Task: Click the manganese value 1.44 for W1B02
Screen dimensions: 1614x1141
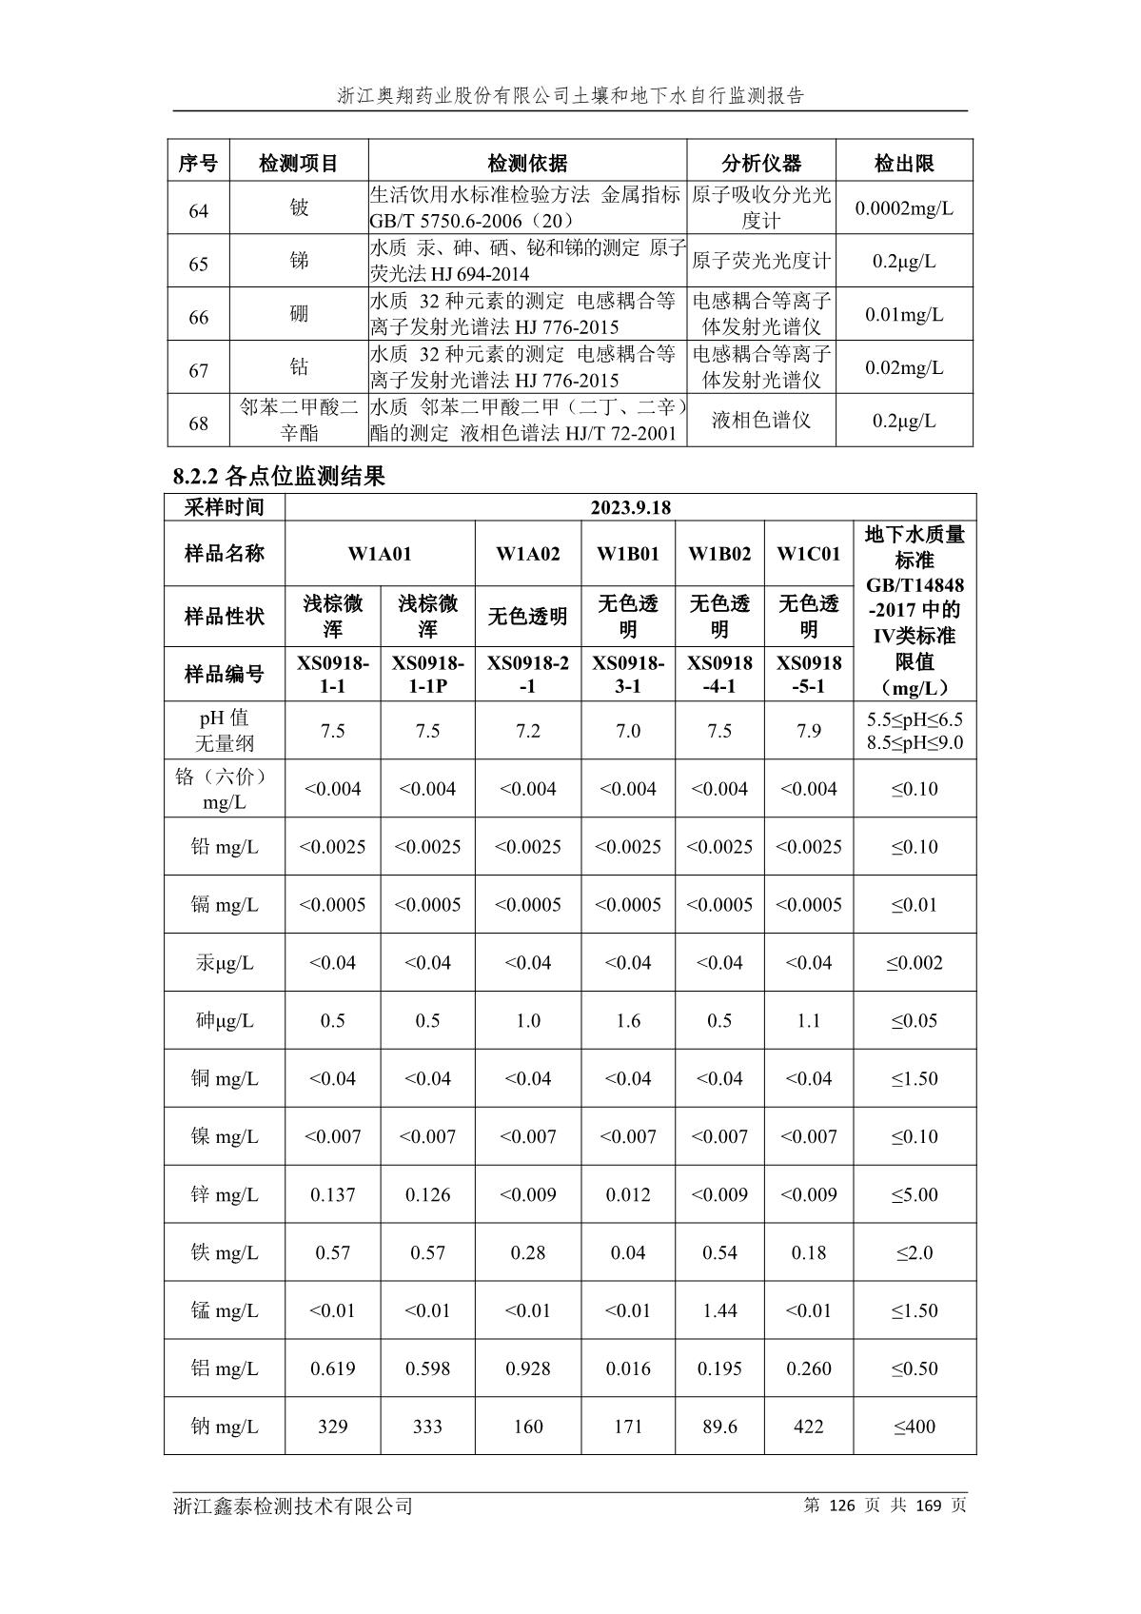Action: tap(719, 1310)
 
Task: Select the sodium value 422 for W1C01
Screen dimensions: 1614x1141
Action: tap(808, 1427)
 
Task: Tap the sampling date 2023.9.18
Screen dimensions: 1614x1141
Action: tap(630, 507)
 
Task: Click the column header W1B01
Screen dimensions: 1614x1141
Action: tap(628, 554)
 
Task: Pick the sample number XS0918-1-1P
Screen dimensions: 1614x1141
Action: tap(427, 674)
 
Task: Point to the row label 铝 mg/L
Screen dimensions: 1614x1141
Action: tap(225, 1368)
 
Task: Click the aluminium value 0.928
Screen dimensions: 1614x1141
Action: tap(527, 1368)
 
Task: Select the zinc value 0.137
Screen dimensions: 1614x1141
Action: tap(332, 1194)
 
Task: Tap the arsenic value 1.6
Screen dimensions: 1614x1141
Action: tap(628, 1020)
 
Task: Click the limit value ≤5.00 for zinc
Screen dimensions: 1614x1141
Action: tap(915, 1194)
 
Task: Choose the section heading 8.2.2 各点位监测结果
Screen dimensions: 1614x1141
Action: tap(279, 476)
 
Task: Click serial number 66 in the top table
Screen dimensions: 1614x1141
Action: tap(198, 317)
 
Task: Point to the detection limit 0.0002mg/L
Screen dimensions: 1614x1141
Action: tap(903, 208)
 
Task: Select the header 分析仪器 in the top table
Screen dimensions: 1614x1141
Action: tap(761, 163)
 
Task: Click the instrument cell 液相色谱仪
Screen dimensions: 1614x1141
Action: tap(761, 421)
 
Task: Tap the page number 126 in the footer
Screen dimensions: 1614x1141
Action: tap(843, 1506)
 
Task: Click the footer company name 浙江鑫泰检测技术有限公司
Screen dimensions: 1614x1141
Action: tap(293, 1506)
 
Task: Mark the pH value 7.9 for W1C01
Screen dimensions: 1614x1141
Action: tap(808, 731)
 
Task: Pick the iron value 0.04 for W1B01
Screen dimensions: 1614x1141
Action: tap(628, 1252)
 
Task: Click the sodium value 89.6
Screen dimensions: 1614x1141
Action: tap(719, 1427)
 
